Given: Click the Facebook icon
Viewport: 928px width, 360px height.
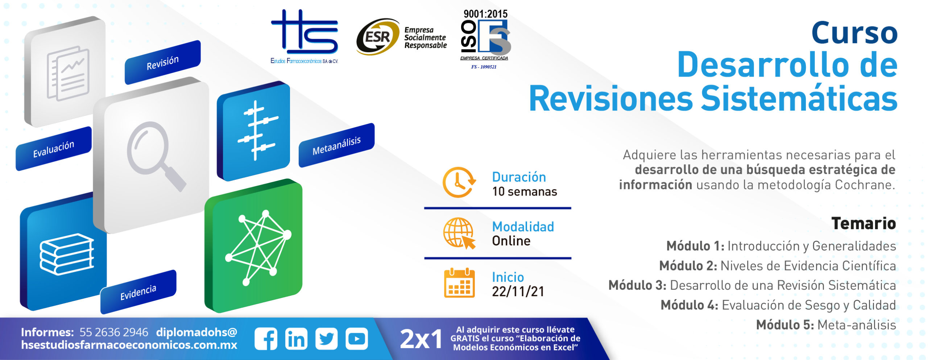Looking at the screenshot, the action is (x=266, y=339).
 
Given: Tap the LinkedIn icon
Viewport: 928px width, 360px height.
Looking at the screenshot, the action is (x=296, y=339).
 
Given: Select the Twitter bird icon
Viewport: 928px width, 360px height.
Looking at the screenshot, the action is (x=326, y=339).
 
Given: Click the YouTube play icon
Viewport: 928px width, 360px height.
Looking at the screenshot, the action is (x=357, y=339).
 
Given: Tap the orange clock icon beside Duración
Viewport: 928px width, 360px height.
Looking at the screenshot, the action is (x=459, y=182).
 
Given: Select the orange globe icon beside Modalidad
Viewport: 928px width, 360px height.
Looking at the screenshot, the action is (x=459, y=233).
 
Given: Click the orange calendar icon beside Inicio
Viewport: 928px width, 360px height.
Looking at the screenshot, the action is (x=459, y=283).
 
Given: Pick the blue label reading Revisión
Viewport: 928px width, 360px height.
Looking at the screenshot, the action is (x=162, y=62).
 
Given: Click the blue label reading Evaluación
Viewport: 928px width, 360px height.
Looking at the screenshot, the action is (x=53, y=149).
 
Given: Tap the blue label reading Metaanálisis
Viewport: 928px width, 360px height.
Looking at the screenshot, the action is (x=336, y=145).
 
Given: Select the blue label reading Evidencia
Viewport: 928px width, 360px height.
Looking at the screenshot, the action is (x=138, y=292).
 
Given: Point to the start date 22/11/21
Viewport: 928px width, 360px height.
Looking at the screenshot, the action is (x=518, y=291).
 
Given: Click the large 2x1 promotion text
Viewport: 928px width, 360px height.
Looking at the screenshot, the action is (x=421, y=339).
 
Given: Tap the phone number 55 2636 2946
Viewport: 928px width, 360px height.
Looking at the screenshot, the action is (x=114, y=332).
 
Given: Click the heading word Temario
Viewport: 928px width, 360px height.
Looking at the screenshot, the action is (x=863, y=223).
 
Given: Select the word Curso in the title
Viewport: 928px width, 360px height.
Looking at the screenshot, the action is (x=854, y=33).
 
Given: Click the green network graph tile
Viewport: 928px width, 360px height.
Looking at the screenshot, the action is (x=254, y=246).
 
